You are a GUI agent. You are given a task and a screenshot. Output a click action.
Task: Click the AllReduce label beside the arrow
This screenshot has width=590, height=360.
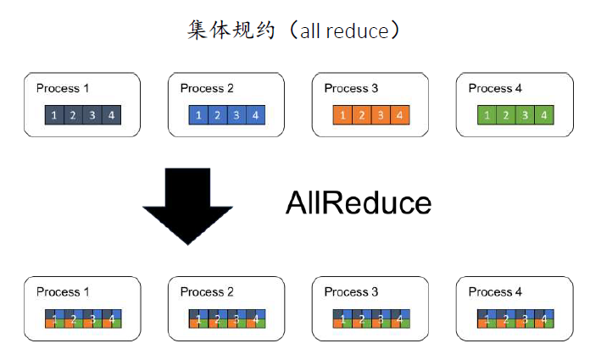click(359, 203)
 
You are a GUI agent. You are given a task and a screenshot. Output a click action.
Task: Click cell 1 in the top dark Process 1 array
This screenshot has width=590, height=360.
click(54, 115)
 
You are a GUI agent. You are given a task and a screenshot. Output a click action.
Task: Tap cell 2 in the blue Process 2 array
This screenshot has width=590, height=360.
click(218, 115)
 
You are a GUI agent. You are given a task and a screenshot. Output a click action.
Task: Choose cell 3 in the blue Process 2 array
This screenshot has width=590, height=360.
click(237, 115)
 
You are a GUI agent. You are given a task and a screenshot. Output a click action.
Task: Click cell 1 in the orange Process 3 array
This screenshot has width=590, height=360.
click(342, 115)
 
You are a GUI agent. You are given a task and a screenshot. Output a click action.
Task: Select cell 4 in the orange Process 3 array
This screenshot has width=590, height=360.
click(400, 115)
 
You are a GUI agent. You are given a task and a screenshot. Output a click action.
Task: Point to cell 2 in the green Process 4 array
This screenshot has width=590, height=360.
click(506, 115)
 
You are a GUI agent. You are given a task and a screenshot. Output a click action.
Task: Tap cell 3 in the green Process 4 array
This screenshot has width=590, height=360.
click(526, 115)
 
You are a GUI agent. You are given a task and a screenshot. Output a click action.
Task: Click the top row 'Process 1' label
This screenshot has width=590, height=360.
click(63, 88)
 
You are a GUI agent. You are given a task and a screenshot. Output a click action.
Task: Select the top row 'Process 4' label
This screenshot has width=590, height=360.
click(495, 88)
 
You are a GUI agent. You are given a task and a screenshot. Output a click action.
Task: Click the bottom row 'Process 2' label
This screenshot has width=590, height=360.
click(207, 291)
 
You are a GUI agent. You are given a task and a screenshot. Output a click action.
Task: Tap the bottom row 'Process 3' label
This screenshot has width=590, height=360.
click(351, 291)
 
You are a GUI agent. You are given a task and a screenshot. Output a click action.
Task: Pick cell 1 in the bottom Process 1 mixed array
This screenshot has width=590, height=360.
click(54, 318)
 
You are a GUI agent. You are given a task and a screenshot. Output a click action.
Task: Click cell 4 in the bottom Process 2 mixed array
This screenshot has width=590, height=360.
click(257, 318)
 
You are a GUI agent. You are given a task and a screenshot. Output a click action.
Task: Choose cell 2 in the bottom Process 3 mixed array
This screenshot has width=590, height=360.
click(362, 318)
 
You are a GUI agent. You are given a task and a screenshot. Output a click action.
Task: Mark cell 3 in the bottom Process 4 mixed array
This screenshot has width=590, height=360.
click(526, 318)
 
